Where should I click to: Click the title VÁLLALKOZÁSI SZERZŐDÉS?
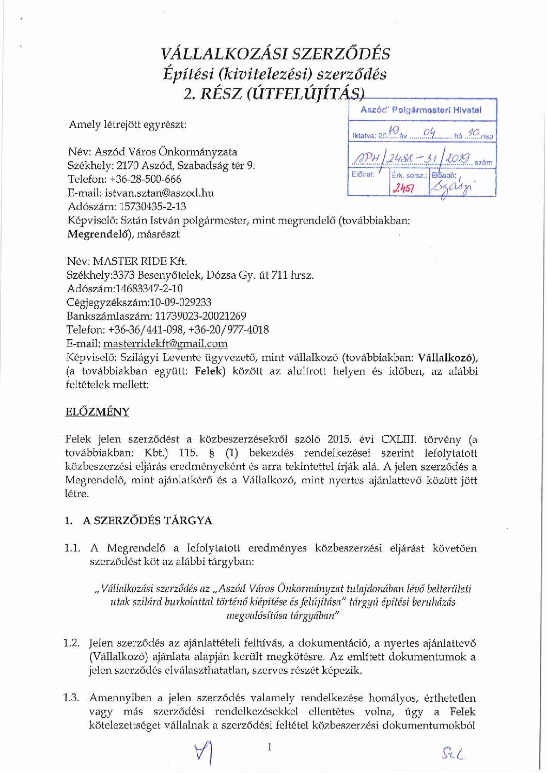275,54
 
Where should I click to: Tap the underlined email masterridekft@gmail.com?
165,343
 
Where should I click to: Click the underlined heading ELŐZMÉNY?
97,412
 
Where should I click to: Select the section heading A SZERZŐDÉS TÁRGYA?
148,520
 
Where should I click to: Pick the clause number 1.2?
71,643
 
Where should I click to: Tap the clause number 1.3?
71,698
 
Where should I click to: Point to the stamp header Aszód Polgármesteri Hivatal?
421,110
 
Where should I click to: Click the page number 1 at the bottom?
269,747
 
